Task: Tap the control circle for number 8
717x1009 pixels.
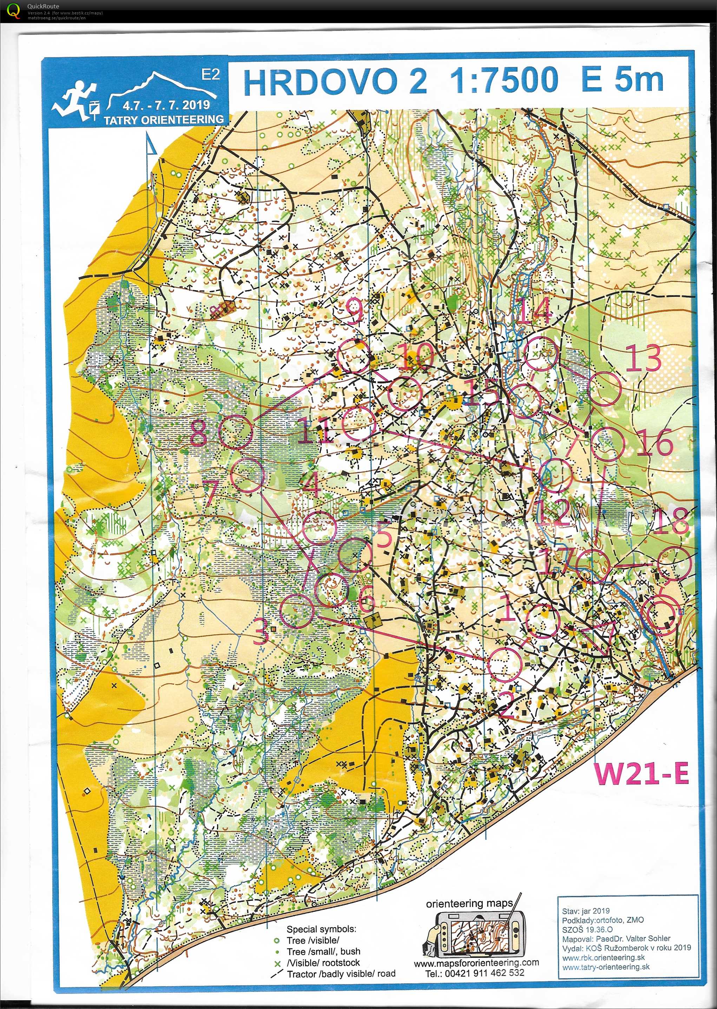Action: [x=236, y=432]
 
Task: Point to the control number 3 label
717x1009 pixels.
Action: [x=261, y=631]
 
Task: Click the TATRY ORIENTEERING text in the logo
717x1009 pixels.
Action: [x=163, y=119]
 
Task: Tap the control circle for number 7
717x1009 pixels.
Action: [x=248, y=475]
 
